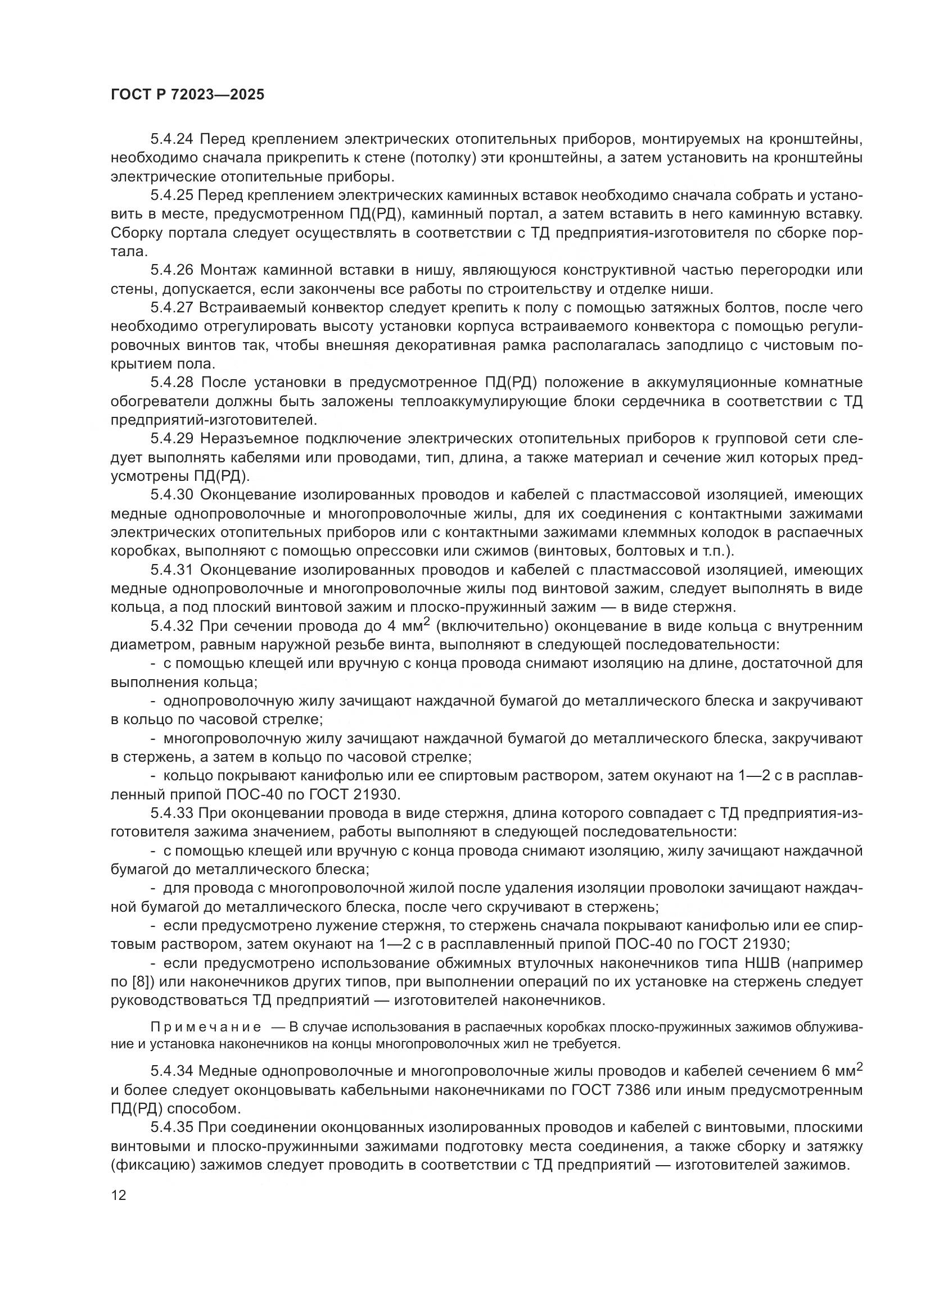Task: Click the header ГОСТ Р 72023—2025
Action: [187, 95]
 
